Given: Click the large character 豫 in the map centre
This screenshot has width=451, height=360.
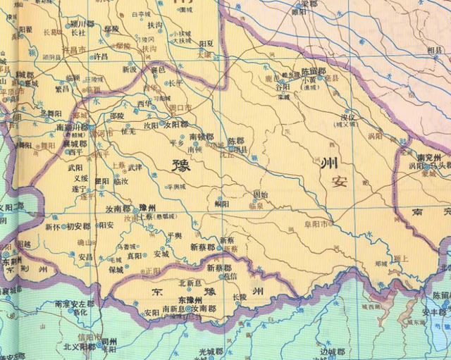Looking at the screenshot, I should [181, 168].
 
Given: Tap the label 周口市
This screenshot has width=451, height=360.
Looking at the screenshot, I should [182, 108].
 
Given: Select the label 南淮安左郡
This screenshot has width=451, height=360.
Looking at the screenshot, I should [74, 304].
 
